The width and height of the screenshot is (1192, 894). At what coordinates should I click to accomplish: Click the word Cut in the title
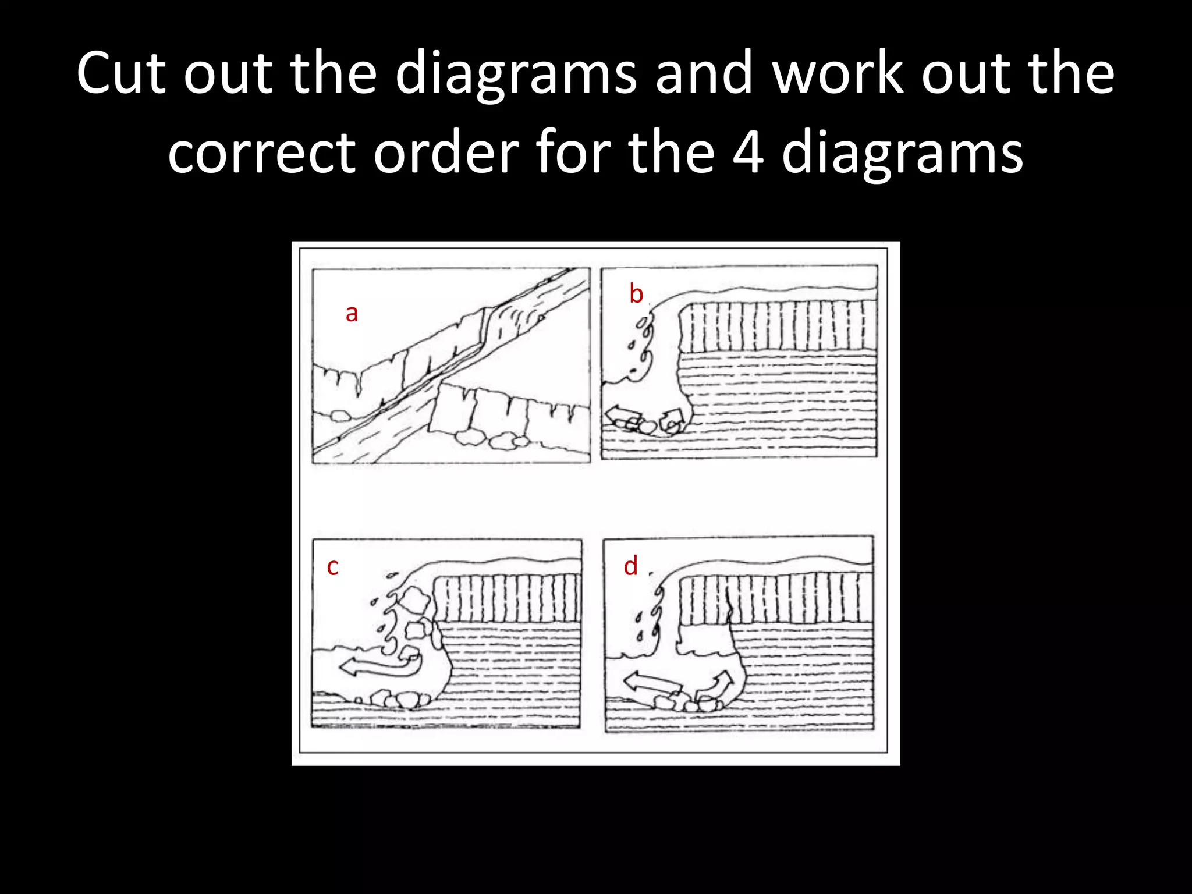coord(121,74)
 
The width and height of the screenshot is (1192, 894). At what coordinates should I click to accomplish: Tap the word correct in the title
coord(261,153)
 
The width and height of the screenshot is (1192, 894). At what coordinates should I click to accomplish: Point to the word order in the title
coord(446,153)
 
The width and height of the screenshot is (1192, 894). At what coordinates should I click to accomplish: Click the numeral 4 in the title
coord(747,153)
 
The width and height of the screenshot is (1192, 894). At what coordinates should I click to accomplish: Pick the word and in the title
coord(704,74)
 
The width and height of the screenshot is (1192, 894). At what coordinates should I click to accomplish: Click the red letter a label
coord(352,314)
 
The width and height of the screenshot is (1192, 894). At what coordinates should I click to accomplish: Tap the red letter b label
coord(636,294)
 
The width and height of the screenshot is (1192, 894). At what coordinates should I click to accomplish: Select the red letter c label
coord(332,566)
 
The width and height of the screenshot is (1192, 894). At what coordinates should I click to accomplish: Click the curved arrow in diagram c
coord(381,665)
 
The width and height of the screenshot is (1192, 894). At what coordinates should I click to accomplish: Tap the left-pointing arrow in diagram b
coord(622,415)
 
